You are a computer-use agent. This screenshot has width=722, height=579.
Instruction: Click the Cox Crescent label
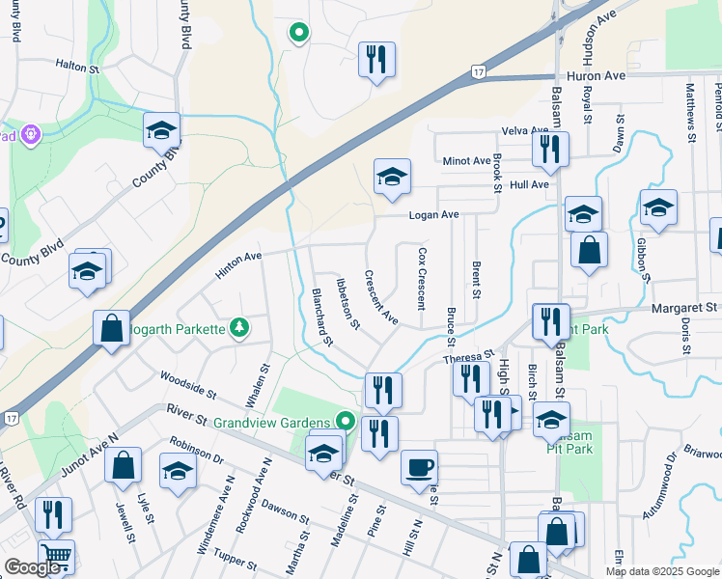[x=421, y=278]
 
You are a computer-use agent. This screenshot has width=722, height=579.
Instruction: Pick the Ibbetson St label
[x=347, y=303]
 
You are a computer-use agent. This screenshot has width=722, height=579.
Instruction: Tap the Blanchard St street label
[x=321, y=317]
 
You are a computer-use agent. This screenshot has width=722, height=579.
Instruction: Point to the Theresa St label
[x=468, y=358]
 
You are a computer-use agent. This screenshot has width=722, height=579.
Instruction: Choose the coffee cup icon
[x=419, y=467]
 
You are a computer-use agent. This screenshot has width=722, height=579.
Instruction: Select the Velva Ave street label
[x=524, y=131]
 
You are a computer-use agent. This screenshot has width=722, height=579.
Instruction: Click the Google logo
[x=33, y=567]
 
